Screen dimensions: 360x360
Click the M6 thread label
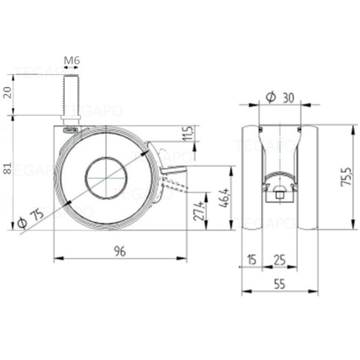[72, 60]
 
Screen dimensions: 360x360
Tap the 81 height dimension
[7, 169]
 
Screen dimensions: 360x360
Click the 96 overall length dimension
[120, 252]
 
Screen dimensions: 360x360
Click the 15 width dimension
[251, 260]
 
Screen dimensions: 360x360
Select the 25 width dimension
[280, 260]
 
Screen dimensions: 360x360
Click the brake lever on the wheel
[176, 170]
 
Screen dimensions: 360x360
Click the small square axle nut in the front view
[280, 196]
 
